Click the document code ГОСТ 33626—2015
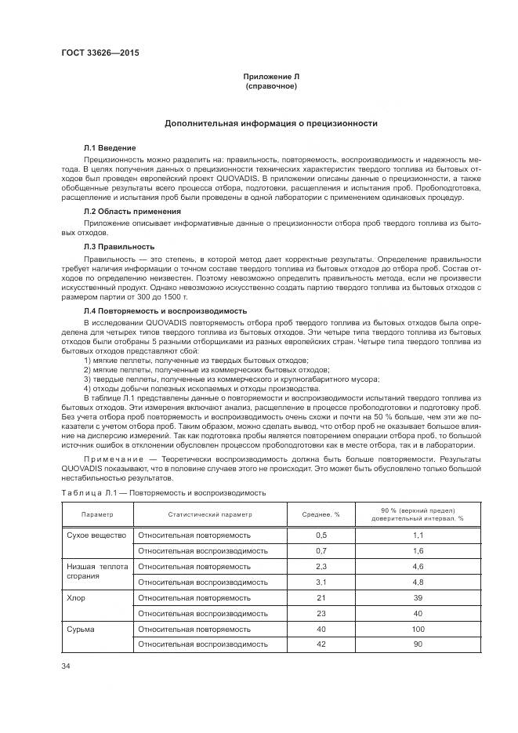point(94,54)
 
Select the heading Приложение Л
point(271,76)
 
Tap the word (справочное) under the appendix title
point(271,85)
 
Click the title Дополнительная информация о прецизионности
point(271,123)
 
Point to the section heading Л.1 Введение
point(110,147)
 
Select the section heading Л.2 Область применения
point(132,212)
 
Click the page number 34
point(66,666)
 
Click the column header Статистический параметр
point(210,515)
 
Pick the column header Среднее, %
point(321,515)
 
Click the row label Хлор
point(76,597)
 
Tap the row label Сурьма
point(80,629)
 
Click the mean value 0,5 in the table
point(321,535)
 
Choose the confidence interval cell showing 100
point(418,629)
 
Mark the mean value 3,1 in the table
point(321,582)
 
